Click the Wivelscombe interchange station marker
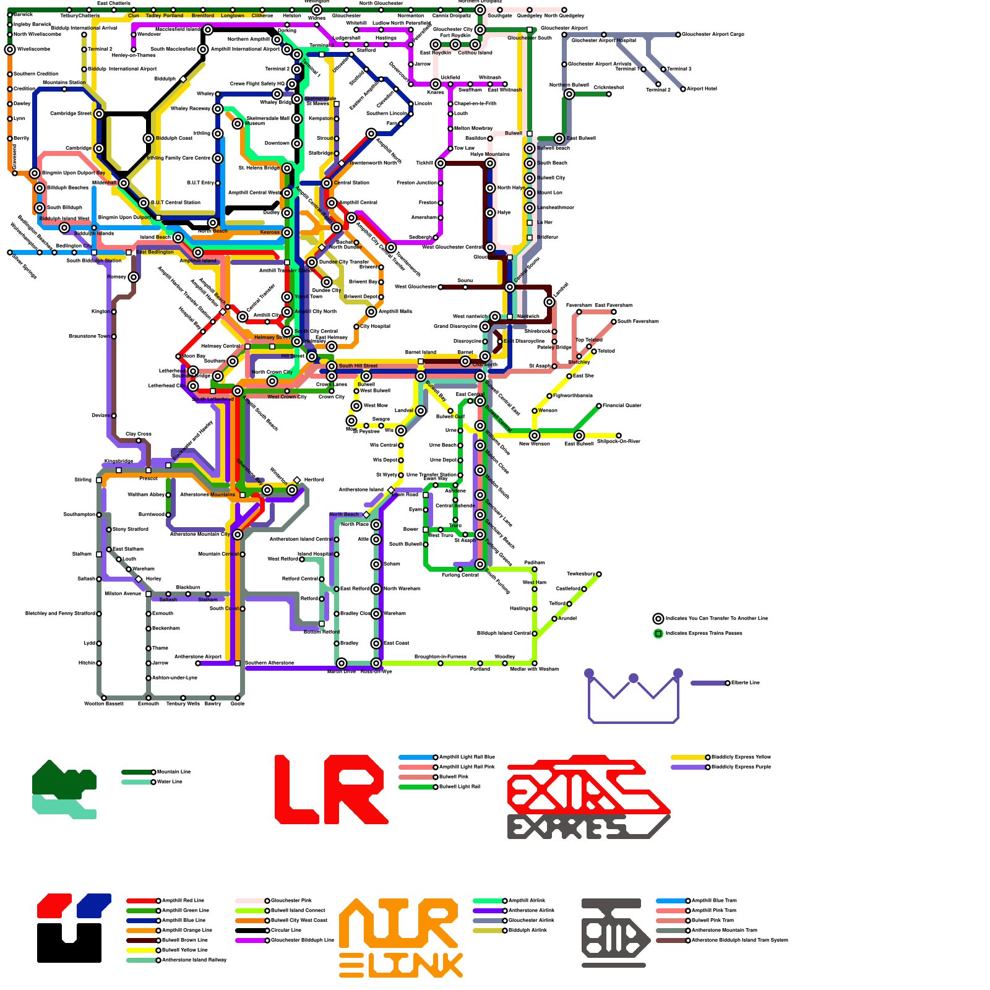tap(10, 49)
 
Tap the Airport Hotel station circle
tap(683, 89)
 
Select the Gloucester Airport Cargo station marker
tap(678, 35)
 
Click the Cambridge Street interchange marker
tap(99, 114)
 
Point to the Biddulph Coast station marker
tap(148, 139)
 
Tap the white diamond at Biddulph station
tap(183, 79)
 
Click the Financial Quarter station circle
tap(599, 406)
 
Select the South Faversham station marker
tap(614, 322)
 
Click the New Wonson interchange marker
tap(535, 436)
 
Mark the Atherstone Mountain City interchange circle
tap(238, 535)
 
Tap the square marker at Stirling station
tap(99, 480)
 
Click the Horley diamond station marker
tap(139, 579)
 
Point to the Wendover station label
tap(148, 35)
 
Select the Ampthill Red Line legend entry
tap(183, 901)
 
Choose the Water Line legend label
tap(170, 782)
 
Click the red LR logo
tap(331, 790)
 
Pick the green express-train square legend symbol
tap(658, 634)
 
